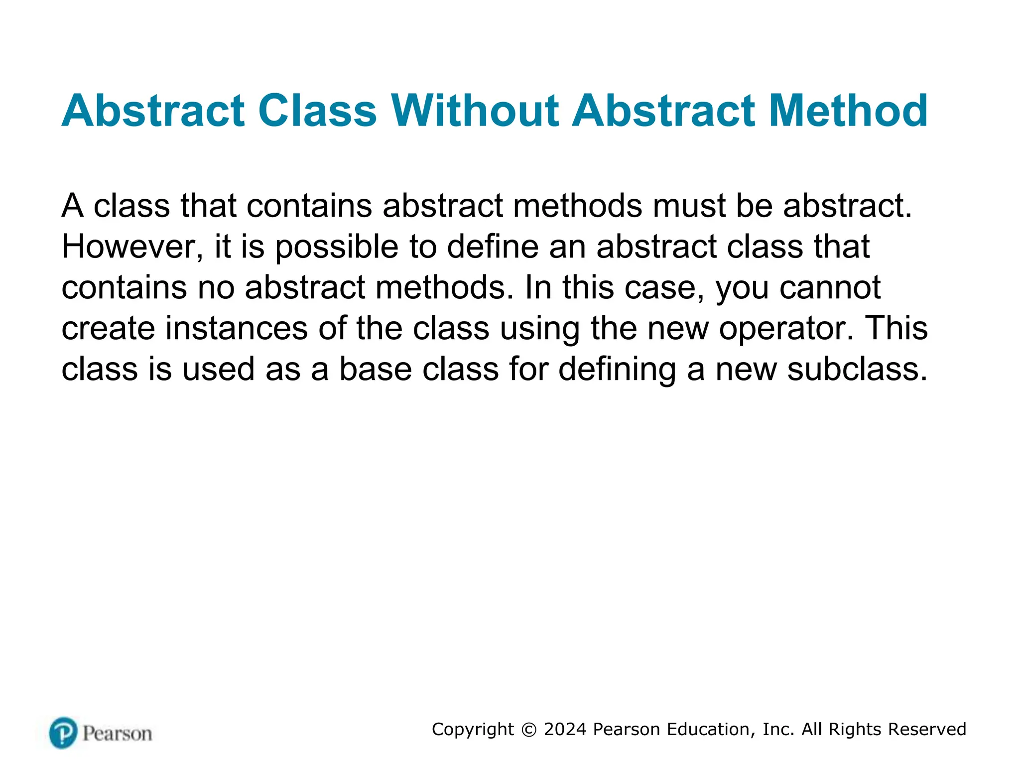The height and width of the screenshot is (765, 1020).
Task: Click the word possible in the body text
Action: [337, 248]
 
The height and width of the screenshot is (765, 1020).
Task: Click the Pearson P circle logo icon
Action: [63, 733]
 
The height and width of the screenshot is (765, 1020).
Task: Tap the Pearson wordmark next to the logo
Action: [117, 734]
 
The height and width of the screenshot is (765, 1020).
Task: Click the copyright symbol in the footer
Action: [529, 730]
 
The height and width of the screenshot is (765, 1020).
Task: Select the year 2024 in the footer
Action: [565, 729]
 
